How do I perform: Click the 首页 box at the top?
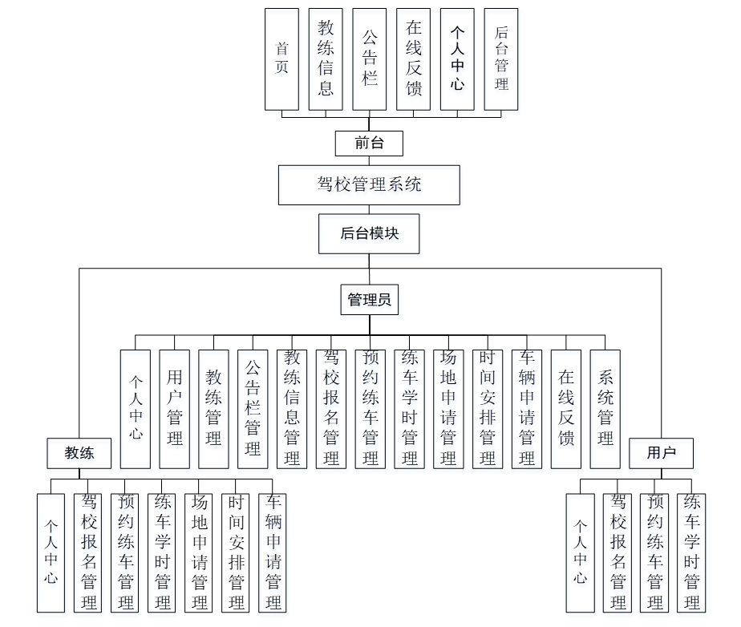click(281, 59)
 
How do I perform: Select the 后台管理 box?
click(501, 59)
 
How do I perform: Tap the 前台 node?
click(369, 144)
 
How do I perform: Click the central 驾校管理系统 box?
click(369, 185)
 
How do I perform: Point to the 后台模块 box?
click(369, 233)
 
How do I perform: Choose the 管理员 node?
click(369, 300)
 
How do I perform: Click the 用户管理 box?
click(175, 409)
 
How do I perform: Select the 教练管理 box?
click(214, 409)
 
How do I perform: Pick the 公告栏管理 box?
click(253, 409)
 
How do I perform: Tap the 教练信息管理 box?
click(292, 409)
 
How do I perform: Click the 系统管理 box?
click(605, 409)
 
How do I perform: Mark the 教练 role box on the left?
click(79, 453)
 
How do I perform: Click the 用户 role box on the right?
click(661, 453)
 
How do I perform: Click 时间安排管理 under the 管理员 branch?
click(488, 409)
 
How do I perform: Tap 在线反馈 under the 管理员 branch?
click(566, 409)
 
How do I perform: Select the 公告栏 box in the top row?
click(369, 59)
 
